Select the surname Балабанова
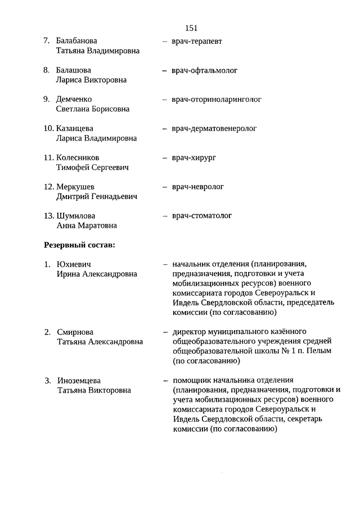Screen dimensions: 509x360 coord(76,41)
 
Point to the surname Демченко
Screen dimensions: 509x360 coord(74,100)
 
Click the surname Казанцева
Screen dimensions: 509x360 coord(75,129)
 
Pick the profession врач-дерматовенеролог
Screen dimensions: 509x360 coord(214,129)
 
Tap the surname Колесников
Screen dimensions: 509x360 coord(78,158)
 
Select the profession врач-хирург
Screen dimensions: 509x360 coord(194,158)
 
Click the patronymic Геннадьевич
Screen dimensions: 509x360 coord(110,197)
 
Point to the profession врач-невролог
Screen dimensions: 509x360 coord(198,187)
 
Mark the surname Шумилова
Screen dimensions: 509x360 coord(76,216)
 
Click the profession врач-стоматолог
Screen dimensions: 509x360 coord(202,216)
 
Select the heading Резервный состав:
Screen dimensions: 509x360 coord(79,245)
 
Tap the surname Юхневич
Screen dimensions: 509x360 coord(74,264)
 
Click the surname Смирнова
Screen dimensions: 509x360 coord(75,332)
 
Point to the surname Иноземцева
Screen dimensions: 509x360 coord(79,380)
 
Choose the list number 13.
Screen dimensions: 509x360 coord(48,216)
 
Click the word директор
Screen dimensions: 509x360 coord(190,331)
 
